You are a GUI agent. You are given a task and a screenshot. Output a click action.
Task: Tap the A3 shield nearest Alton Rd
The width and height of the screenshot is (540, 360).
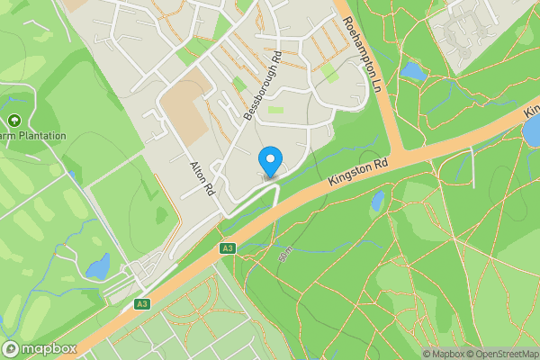(x=227, y=248)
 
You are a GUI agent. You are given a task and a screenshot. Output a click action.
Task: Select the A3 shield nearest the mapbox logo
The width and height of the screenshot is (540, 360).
(x=141, y=304)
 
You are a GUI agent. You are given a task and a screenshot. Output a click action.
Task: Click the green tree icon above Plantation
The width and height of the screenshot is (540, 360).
(x=13, y=121)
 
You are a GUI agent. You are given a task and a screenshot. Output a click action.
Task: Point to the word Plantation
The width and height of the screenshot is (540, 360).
(x=37, y=136)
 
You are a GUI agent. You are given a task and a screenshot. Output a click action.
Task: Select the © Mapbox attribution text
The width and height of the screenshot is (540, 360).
(x=443, y=354)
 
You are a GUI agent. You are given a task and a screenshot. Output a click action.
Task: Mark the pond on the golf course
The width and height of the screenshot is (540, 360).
(x=97, y=265)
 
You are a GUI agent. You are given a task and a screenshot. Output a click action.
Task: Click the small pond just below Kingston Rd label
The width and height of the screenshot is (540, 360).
(x=378, y=200)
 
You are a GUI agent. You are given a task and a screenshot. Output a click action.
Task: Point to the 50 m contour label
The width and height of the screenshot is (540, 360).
(x=286, y=255)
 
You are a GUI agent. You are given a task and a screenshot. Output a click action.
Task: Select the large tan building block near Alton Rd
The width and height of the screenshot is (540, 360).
(x=184, y=114)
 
